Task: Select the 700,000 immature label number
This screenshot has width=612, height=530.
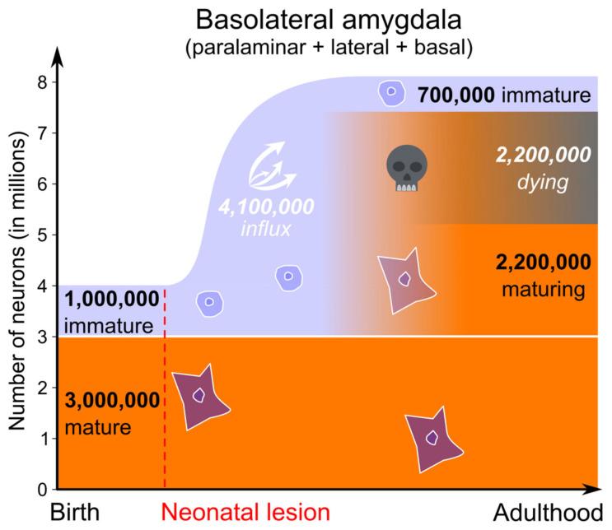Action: point(456,94)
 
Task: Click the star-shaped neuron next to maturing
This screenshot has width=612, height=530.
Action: point(404,280)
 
